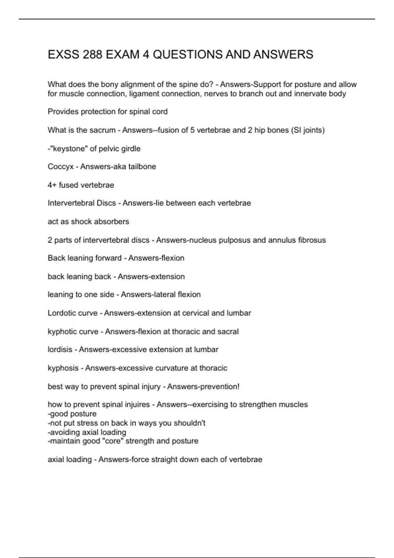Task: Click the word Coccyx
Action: click(x=61, y=167)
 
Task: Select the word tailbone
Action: click(x=142, y=167)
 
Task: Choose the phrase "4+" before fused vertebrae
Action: click(x=52, y=185)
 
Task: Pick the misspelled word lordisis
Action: click(x=60, y=350)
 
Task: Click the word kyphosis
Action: click(x=63, y=368)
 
